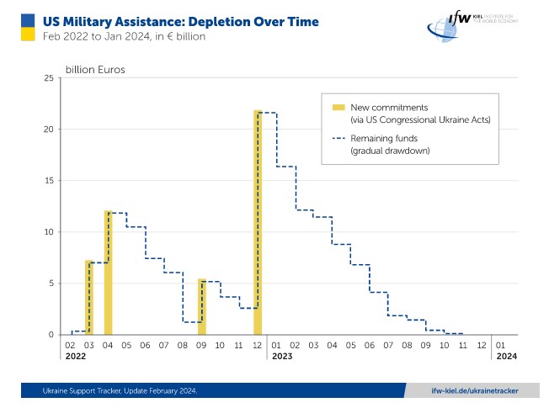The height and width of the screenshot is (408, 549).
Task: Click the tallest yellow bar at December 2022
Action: pyautogui.click(x=258, y=223)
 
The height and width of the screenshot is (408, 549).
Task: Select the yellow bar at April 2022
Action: pyautogui.click(x=108, y=273)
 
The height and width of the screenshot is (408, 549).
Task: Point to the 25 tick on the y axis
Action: pyautogui.click(x=49, y=78)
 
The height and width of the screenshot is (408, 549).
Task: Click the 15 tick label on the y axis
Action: pyautogui.click(x=49, y=181)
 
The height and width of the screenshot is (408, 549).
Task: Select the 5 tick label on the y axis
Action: pyautogui.click(x=51, y=283)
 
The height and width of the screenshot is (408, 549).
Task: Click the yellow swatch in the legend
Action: pyautogui.click(x=338, y=108)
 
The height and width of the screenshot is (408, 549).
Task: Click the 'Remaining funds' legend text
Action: pyautogui.click(x=385, y=137)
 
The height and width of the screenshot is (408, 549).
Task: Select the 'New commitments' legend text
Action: pyautogui.click(x=389, y=108)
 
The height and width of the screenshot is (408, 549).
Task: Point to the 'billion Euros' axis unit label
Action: pyautogui.click(x=95, y=70)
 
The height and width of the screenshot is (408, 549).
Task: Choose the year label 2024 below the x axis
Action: pyautogui.click(x=503, y=357)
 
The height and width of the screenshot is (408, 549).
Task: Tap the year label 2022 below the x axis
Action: pyautogui.click(x=74, y=357)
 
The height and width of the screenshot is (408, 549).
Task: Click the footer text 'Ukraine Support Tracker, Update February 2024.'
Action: pyautogui.click(x=120, y=390)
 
